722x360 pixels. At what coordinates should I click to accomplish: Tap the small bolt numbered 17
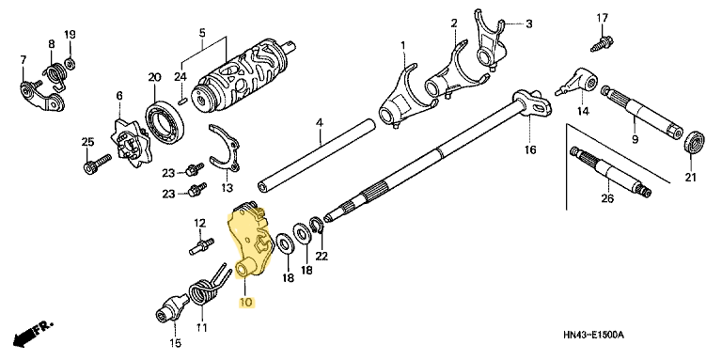click(x=599, y=40)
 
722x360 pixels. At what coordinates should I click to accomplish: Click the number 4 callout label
click(x=320, y=123)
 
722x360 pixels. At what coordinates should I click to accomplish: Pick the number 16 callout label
click(x=530, y=150)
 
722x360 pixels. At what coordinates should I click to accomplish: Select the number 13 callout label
click(x=227, y=187)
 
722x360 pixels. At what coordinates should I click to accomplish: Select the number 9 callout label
click(x=634, y=139)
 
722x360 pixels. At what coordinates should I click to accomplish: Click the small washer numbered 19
click(x=71, y=64)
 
